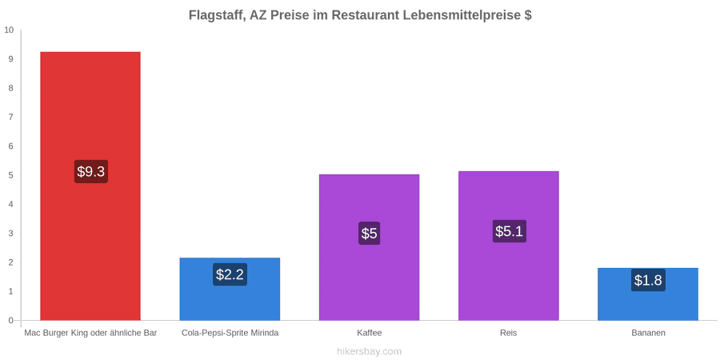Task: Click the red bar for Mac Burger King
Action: tap(90, 186)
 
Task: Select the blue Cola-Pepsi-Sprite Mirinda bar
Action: tap(230, 290)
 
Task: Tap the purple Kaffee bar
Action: tap(369, 247)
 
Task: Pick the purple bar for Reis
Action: tap(508, 246)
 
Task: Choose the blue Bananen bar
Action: tap(648, 294)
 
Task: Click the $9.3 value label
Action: tap(91, 172)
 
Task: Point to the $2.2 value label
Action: tap(230, 274)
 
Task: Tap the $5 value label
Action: tap(369, 234)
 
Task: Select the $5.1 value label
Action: tap(510, 231)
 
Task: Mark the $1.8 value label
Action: tap(648, 280)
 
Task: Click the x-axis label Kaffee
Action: tap(369, 333)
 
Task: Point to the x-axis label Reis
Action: tap(509, 333)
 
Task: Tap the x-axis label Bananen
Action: tap(648, 333)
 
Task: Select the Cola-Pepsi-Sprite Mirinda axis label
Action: tap(230, 333)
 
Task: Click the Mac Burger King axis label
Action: tap(90, 333)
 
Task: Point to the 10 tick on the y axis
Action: tap(9, 30)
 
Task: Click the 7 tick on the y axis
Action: tap(11, 117)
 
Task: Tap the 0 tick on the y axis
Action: tap(11, 321)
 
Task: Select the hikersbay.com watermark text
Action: tap(369, 352)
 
